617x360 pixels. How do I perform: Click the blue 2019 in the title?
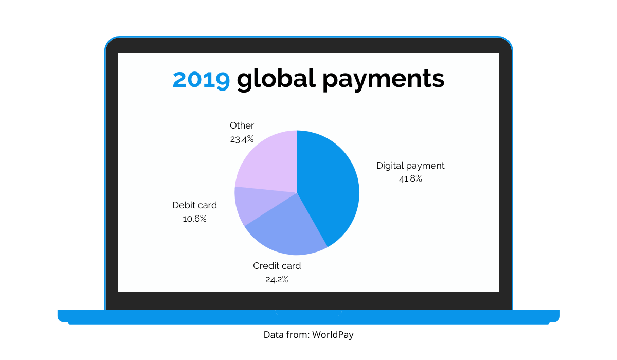point(202,79)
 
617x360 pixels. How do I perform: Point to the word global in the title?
point(276,79)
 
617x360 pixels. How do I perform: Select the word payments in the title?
point(383,80)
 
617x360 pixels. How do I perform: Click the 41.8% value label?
point(410,179)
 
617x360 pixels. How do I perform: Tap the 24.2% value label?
point(277,280)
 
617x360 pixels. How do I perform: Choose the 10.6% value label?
point(194,219)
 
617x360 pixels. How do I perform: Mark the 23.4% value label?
point(242,139)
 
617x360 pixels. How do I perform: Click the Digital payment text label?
point(410,166)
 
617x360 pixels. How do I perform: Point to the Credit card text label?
point(277,266)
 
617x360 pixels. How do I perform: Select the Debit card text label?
point(194,205)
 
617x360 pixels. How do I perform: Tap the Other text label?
point(242,125)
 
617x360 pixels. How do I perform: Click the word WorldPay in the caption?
point(333,335)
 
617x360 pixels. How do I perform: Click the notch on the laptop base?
point(308,313)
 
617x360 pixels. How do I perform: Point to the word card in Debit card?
point(205,205)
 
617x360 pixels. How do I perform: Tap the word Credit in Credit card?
point(264,266)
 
